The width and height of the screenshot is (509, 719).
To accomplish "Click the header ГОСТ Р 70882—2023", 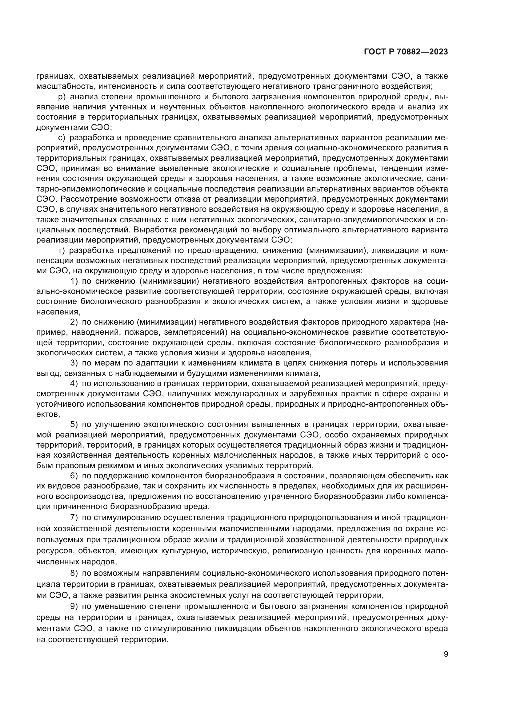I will coord(406,52).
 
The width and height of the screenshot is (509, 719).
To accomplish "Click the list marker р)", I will coord(62,97).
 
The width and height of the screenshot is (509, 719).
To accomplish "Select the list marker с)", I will coord(62,137).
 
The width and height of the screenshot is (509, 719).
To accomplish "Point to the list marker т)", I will coord(62,250).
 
